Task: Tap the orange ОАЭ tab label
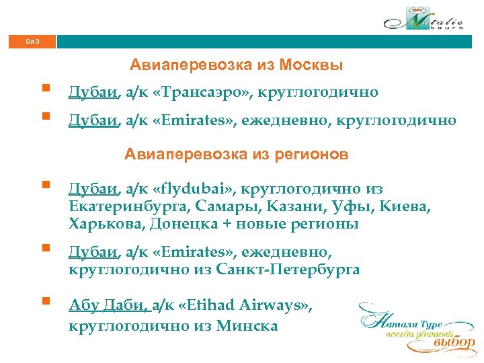pos(32,42)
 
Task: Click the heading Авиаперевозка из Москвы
pos(237,65)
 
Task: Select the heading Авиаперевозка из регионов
pos(237,155)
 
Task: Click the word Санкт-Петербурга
pos(288,270)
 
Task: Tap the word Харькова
pos(106,224)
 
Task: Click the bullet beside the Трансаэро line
pos(45,88)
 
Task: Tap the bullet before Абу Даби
pos(45,301)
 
